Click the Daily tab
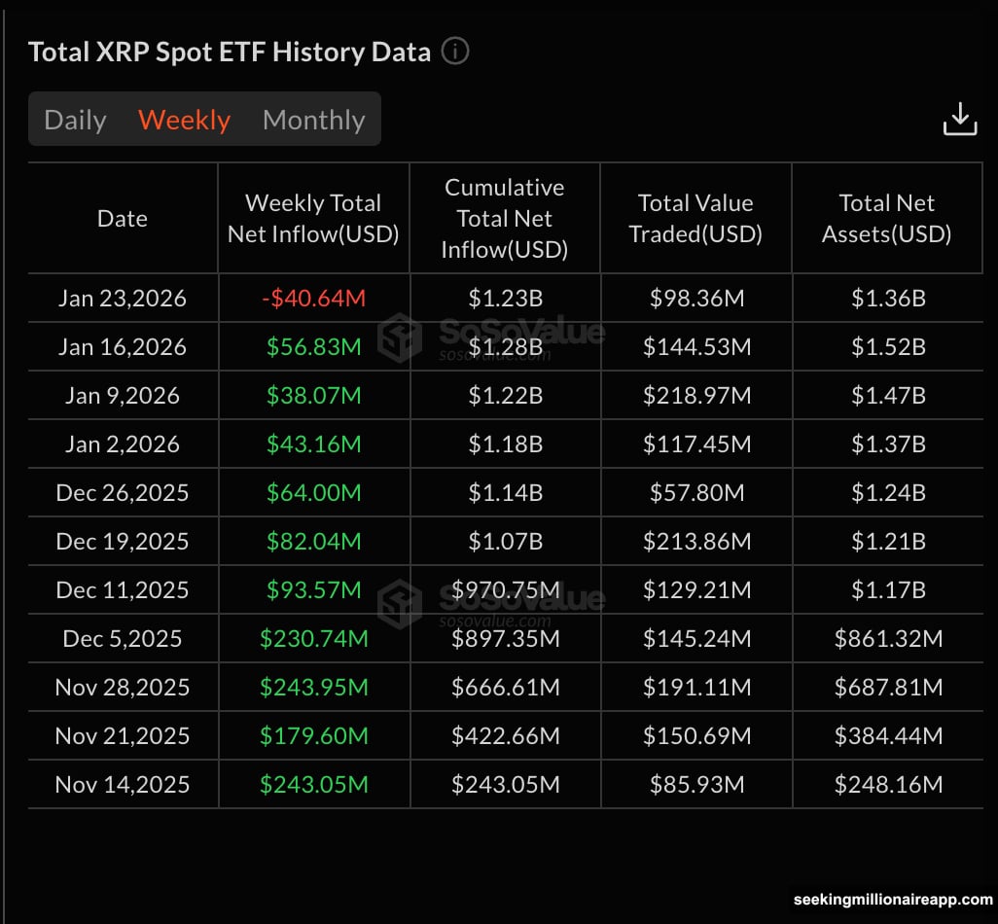(x=75, y=120)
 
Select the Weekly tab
(x=184, y=120)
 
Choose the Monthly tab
(x=313, y=120)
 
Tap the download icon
(x=959, y=119)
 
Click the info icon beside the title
(x=455, y=51)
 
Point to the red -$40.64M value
(x=313, y=299)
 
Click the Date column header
(x=123, y=219)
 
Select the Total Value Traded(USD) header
(x=695, y=219)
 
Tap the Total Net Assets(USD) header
(x=886, y=219)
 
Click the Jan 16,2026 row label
(x=123, y=347)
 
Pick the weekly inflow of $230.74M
(x=313, y=639)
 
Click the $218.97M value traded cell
(x=695, y=396)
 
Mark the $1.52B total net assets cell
(x=887, y=347)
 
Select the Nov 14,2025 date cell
(x=123, y=785)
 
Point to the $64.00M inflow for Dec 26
(x=313, y=493)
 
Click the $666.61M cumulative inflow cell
(x=505, y=688)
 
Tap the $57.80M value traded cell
(x=695, y=493)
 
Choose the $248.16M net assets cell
(x=887, y=785)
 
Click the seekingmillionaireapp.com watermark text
(x=893, y=900)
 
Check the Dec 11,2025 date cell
(x=123, y=590)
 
